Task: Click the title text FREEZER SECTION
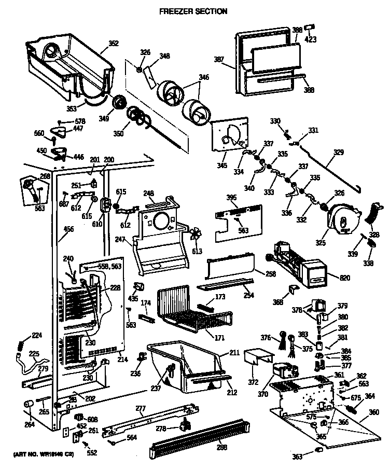192,11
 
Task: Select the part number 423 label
310,39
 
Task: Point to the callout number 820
331,278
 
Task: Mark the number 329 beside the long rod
338,153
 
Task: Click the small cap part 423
310,27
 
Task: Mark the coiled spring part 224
21,343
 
